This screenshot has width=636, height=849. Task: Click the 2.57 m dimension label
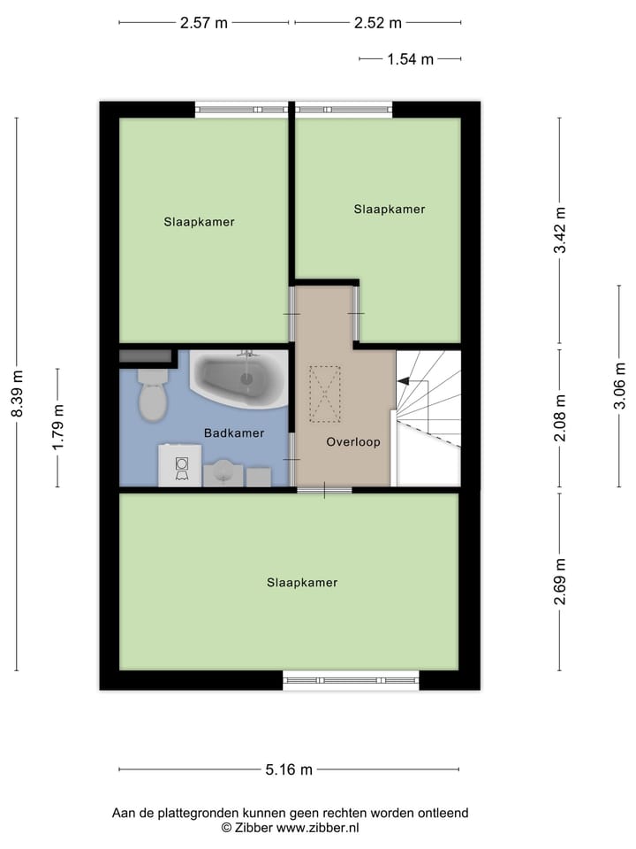(203, 23)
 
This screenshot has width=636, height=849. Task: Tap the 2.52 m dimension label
(377, 23)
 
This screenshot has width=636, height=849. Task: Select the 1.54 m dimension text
(410, 59)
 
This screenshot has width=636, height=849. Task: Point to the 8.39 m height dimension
(17, 395)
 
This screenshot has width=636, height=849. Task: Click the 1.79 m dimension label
(58, 428)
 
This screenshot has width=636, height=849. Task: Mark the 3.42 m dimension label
(559, 230)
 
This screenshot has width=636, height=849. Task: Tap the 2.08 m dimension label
(559, 418)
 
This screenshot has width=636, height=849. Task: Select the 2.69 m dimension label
(559, 582)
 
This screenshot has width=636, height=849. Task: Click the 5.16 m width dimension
(289, 769)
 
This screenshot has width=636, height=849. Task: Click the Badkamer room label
(233, 433)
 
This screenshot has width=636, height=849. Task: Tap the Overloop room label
(352, 441)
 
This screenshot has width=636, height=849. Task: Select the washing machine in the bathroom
(180, 466)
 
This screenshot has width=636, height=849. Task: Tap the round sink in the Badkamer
(223, 473)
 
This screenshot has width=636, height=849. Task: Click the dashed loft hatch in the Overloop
(324, 394)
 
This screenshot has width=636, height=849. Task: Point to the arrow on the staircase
(403, 381)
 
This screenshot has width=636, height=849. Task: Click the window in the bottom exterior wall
(351, 680)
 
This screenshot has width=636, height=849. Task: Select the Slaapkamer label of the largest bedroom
(302, 583)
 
